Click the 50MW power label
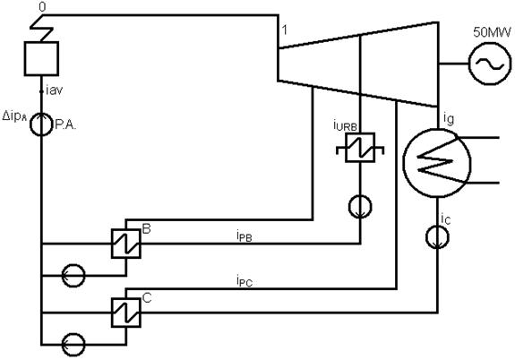(492, 32)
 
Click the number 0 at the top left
(42, 7)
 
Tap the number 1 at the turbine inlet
(285, 30)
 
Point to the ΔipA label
(14, 116)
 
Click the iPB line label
(244, 236)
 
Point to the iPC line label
(244, 281)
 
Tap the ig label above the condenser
(449, 118)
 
